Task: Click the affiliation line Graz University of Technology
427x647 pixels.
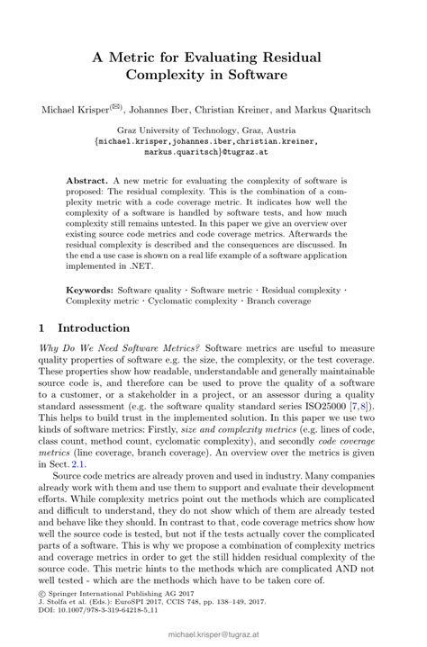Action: (213, 130)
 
